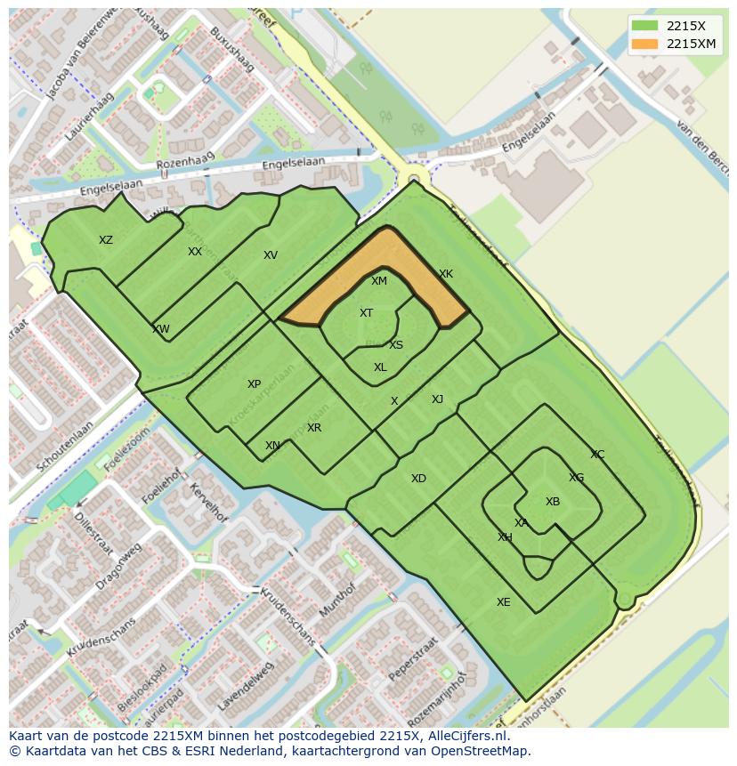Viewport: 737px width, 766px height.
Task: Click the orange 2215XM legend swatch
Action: pyautogui.click(x=645, y=44)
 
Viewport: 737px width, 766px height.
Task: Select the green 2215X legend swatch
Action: pyautogui.click(x=645, y=26)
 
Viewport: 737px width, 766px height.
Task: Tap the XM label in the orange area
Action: pyautogui.click(x=379, y=281)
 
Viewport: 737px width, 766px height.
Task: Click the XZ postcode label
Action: pyautogui.click(x=106, y=240)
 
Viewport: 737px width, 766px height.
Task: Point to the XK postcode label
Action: pyautogui.click(x=446, y=274)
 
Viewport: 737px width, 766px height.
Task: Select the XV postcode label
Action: pyautogui.click(x=271, y=255)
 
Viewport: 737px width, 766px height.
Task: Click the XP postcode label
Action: pyautogui.click(x=255, y=384)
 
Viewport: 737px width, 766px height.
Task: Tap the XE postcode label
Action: pyautogui.click(x=504, y=602)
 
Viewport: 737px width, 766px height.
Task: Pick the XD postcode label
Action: pyautogui.click(x=418, y=479)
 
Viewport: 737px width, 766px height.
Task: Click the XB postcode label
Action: pyautogui.click(x=553, y=502)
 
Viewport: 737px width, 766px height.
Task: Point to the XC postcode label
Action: pyautogui.click(x=597, y=455)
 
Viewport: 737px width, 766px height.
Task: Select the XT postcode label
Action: pyautogui.click(x=366, y=313)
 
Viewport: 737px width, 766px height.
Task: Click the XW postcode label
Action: pyautogui.click(x=161, y=329)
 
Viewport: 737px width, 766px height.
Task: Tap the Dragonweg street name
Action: pyautogui.click(x=118, y=567)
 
